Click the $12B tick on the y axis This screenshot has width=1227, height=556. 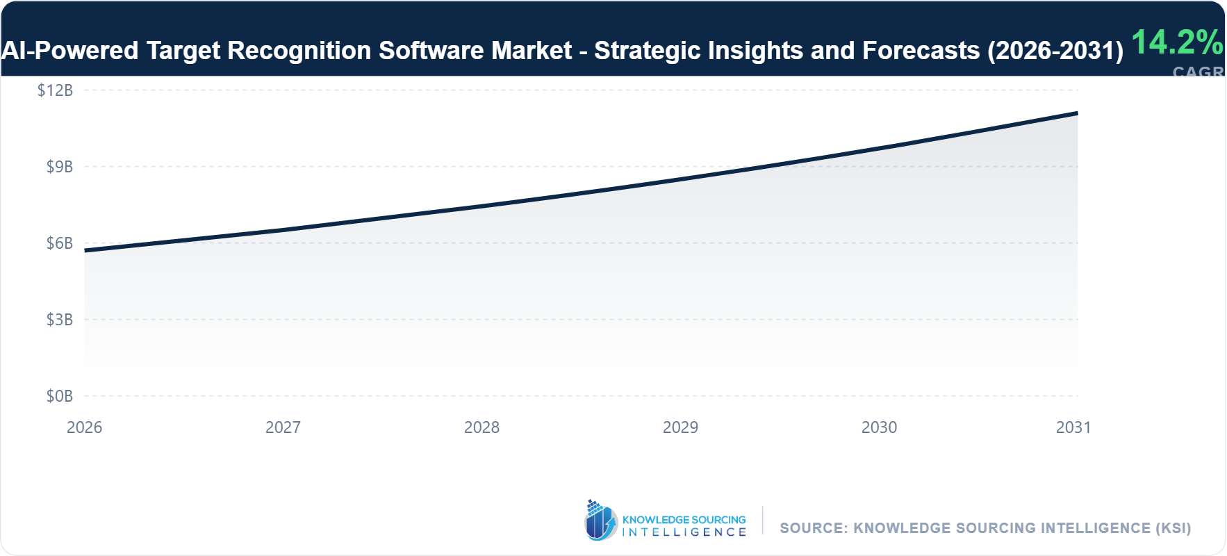[x=55, y=90]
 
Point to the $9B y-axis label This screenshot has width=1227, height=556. [x=59, y=167]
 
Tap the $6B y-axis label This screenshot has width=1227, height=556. [x=59, y=243]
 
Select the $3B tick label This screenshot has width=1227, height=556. [x=59, y=320]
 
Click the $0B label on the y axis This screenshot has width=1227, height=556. [x=59, y=396]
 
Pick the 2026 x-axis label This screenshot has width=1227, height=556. [x=84, y=427]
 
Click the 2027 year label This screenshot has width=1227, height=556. [x=283, y=427]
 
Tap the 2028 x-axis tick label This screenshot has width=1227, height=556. [x=481, y=427]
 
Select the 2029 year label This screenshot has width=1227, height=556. [x=680, y=427]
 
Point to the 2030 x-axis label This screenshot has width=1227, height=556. [x=879, y=427]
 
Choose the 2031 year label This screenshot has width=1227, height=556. [x=1073, y=427]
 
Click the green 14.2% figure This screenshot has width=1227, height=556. [x=1177, y=42]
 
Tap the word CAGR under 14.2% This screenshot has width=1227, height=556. [x=1198, y=72]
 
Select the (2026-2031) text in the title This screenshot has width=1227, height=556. [x=1055, y=51]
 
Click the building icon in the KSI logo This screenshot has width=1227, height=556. [x=600, y=521]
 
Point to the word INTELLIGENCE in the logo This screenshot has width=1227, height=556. [x=684, y=532]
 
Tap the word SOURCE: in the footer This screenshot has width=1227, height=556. [x=813, y=528]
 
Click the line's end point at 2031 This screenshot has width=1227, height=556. [x=1077, y=113]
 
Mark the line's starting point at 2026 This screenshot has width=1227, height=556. [x=85, y=250]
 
